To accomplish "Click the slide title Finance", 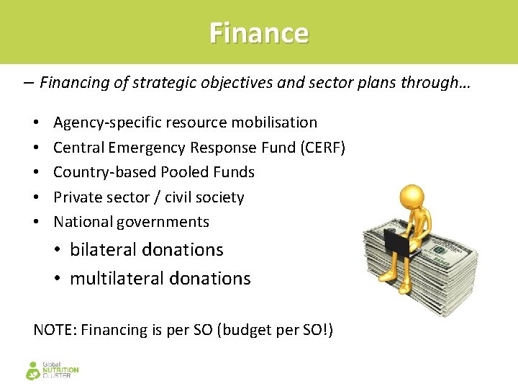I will click(x=259, y=33).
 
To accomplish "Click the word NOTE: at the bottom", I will click(x=55, y=331).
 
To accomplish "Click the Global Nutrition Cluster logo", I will click(x=52, y=370).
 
